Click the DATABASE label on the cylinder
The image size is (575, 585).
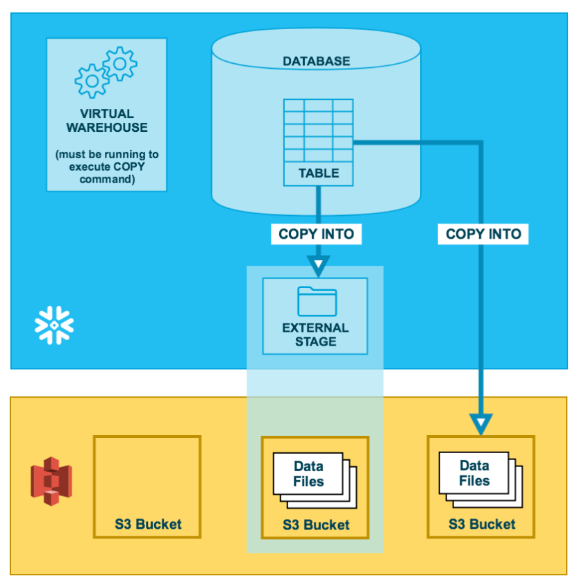click(x=316, y=61)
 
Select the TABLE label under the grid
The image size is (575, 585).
click(x=318, y=173)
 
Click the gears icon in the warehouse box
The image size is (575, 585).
click(x=106, y=72)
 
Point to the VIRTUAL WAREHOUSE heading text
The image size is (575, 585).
click(x=106, y=120)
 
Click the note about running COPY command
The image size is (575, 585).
click(x=106, y=167)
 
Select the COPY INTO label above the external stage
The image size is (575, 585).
click(x=316, y=234)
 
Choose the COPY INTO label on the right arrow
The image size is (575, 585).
click(x=483, y=234)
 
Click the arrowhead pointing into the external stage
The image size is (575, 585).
click(x=318, y=265)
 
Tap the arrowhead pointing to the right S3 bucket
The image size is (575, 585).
click(x=481, y=422)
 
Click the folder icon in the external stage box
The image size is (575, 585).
click(x=317, y=301)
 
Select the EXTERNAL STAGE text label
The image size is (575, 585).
click(x=315, y=334)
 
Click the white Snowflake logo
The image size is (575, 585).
click(x=54, y=323)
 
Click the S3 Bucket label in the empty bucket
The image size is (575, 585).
click(x=148, y=524)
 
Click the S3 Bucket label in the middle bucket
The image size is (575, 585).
click(x=316, y=525)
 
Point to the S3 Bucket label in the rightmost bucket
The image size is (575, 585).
click(x=482, y=524)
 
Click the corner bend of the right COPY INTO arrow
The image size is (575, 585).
click(x=481, y=143)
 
